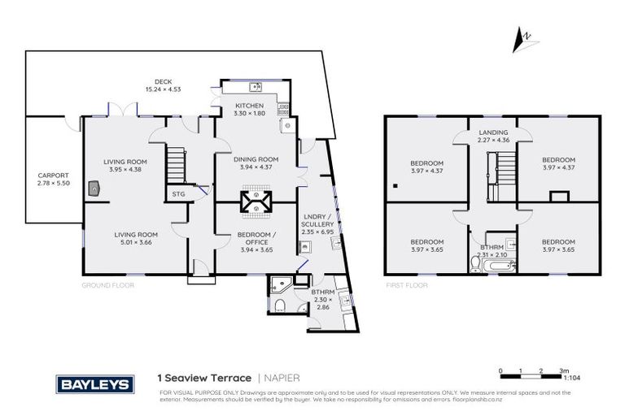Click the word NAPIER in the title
[283, 378]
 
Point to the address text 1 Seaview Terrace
[204, 378]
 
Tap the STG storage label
[178, 194]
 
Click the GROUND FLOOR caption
[107, 286]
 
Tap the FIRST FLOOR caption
[406, 286]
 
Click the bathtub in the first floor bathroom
[485, 264]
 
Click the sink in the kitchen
[256, 86]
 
